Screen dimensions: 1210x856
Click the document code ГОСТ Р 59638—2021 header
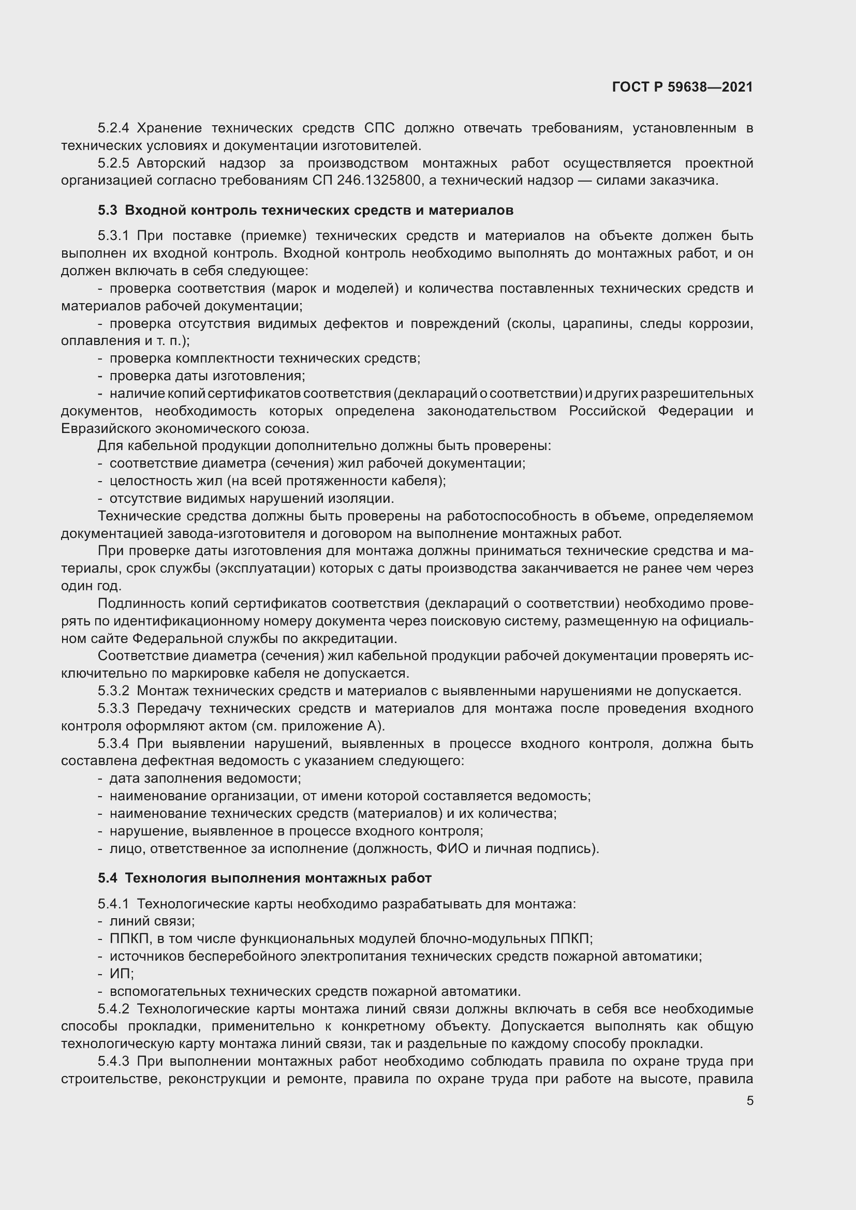pyautogui.click(x=682, y=87)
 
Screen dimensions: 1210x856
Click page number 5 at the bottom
pyautogui.click(x=749, y=1100)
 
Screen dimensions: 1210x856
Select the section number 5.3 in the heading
pyautogui.click(x=108, y=210)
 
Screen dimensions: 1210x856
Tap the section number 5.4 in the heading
pyautogui.click(x=108, y=878)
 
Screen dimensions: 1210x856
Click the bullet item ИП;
pyautogui.click(x=122, y=974)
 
